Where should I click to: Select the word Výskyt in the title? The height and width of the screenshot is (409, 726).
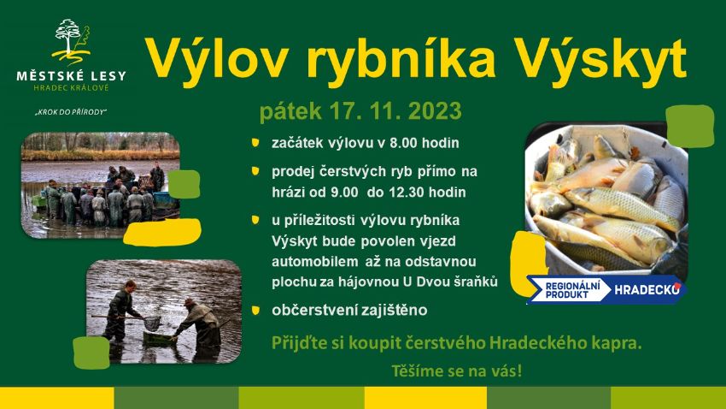tap(601, 60)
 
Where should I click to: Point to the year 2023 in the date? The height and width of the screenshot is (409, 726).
tap(436, 111)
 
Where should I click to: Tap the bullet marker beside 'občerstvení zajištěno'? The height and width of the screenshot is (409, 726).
tap(255, 311)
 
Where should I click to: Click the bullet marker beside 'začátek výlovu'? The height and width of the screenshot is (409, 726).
tap(255, 142)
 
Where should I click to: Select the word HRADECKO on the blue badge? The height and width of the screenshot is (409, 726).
tap(647, 290)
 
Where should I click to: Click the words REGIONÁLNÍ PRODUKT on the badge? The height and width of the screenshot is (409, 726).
tap(572, 289)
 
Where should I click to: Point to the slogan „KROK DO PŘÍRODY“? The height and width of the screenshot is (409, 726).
tap(71, 112)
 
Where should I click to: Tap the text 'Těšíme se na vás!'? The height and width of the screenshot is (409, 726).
tap(457, 371)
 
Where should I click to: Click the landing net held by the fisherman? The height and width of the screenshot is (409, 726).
tap(151, 322)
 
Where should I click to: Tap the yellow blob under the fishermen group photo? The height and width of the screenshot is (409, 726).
tap(162, 232)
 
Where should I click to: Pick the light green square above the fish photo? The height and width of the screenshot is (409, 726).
tap(690, 126)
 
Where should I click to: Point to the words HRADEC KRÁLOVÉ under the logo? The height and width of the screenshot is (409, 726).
tap(71, 87)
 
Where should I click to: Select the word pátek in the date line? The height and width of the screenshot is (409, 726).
tap(290, 112)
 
